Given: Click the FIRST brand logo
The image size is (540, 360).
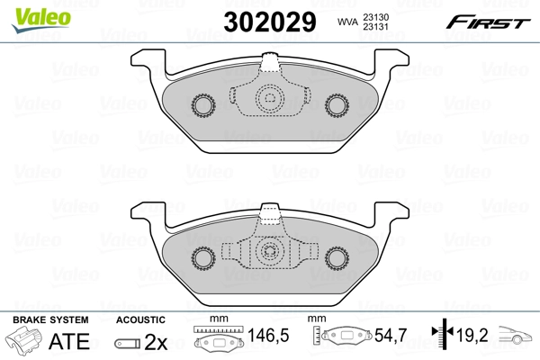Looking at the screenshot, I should [x=489, y=21].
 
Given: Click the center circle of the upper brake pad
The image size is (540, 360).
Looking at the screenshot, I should [x=269, y=101].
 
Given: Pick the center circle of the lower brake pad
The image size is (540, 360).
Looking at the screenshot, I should [x=269, y=253].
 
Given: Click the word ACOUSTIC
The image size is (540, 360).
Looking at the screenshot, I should [x=140, y=319].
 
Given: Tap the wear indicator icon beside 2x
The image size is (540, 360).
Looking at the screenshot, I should [x=128, y=343].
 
